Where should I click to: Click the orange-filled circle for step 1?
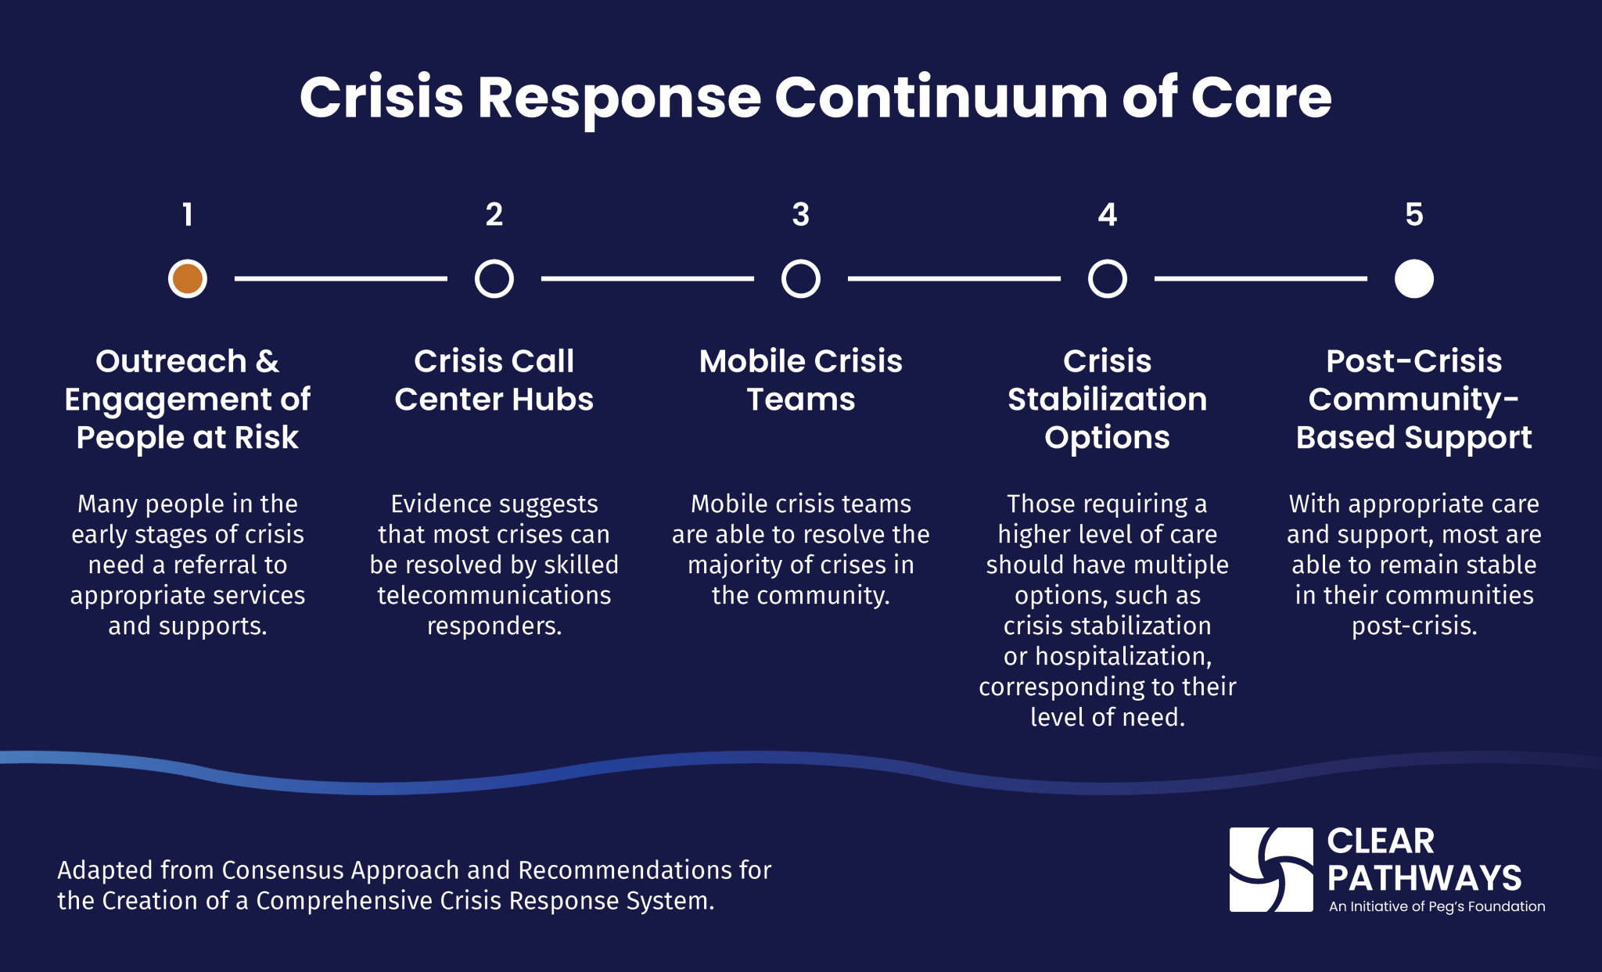point(188,278)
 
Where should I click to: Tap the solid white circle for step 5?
point(1413,278)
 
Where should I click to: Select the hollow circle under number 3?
point(800,278)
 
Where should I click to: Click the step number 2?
point(494,214)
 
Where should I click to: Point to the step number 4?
point(1107,214)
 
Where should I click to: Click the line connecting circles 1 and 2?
point(340,278)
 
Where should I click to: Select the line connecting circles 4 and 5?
point(1260,278)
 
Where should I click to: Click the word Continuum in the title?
point(940,99)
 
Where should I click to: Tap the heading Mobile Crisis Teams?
point(800,380)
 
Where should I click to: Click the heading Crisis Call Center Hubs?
point(494,380)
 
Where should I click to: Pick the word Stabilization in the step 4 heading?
point(1107,400)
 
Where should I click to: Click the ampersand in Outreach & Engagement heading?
point(268,361)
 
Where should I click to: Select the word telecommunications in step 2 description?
point(494,596)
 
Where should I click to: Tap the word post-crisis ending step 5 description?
point(1413,626)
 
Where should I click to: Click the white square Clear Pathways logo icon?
point(1271,870)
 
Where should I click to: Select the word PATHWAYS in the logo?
point(1424,878)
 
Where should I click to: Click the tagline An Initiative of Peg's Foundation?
point(1437,907)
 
